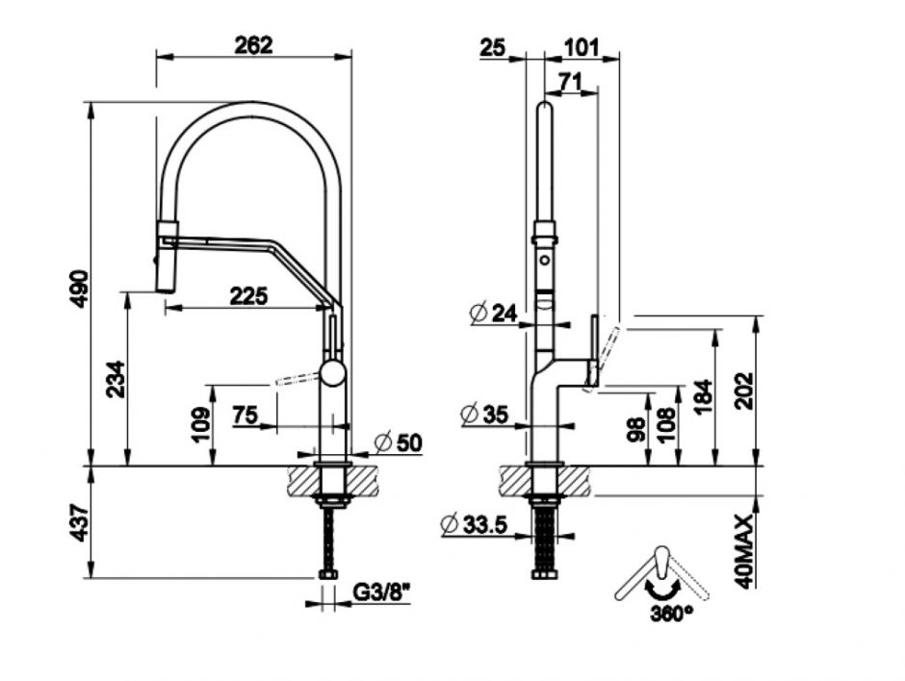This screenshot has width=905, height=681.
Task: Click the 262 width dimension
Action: click(x=254, y=43)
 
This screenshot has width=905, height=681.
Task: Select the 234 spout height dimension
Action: click(x=114, y=380)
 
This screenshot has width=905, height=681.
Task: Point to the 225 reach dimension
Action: click(x=248, y=296)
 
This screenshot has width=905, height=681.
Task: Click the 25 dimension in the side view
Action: click(x=492, y=46)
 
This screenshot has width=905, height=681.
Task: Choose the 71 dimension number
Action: click(x=570, y=84)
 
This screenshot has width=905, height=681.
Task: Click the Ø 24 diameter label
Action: click(x=494, y=312)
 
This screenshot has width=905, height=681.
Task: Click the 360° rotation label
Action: click(x=671, y=613)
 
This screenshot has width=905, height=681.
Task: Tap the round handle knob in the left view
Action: click(x=332, y=373)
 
